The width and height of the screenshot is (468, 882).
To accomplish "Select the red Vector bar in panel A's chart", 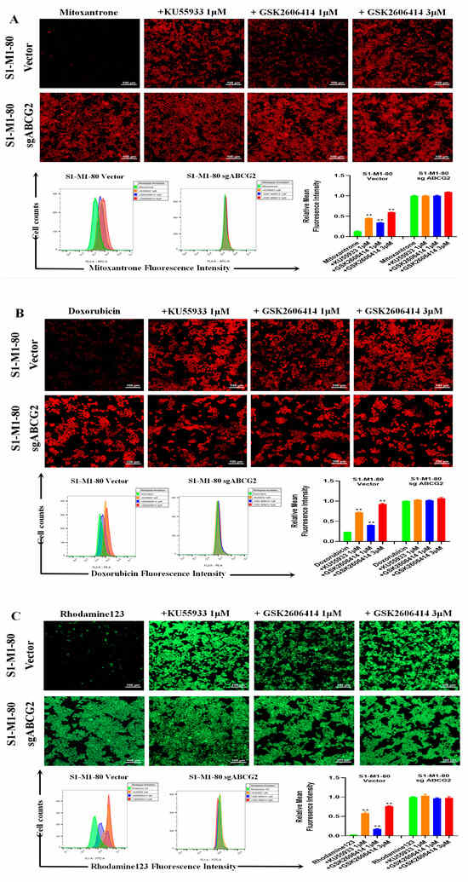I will pyautogui.click(x=391, y=228).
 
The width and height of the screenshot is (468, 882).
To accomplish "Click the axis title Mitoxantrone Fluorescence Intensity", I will pyautogui.click(x=163, y=267).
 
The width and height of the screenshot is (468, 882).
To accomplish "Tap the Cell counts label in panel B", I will pyautogui.click(x=37, y=521).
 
